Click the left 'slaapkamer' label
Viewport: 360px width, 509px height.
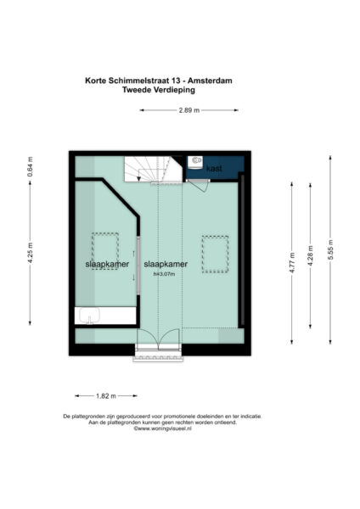[105, 265]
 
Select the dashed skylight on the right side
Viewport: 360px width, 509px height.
[216, 254]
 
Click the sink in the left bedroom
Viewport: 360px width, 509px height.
[90, 317]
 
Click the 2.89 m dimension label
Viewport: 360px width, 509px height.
[189, 110]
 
